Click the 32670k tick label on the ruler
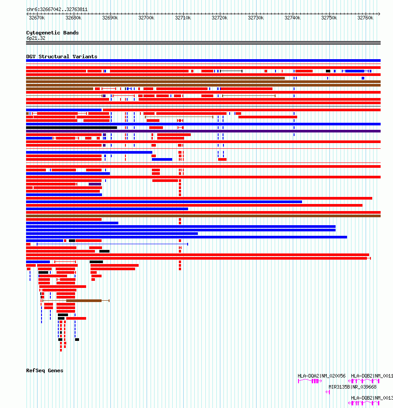click(37, 18)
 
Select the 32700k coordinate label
click(146, 18)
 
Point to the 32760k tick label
click(365, 18)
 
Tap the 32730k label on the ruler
click(256, 18)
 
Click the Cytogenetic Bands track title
click(52, 33)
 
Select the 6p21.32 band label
click(36, 38)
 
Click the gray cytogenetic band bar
click(203, 43)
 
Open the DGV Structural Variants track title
click(61, 57)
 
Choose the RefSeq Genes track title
click(45, 370)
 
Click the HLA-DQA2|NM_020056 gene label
click(321, 376)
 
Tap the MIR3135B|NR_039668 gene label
click(352, 387)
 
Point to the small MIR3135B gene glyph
click(328, 392)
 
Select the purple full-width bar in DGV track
click(203, 131)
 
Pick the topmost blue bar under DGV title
click(203, 60)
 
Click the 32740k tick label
click(292, 18)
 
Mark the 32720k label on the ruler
click(219, 18)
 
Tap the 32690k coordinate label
click(110, 18)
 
